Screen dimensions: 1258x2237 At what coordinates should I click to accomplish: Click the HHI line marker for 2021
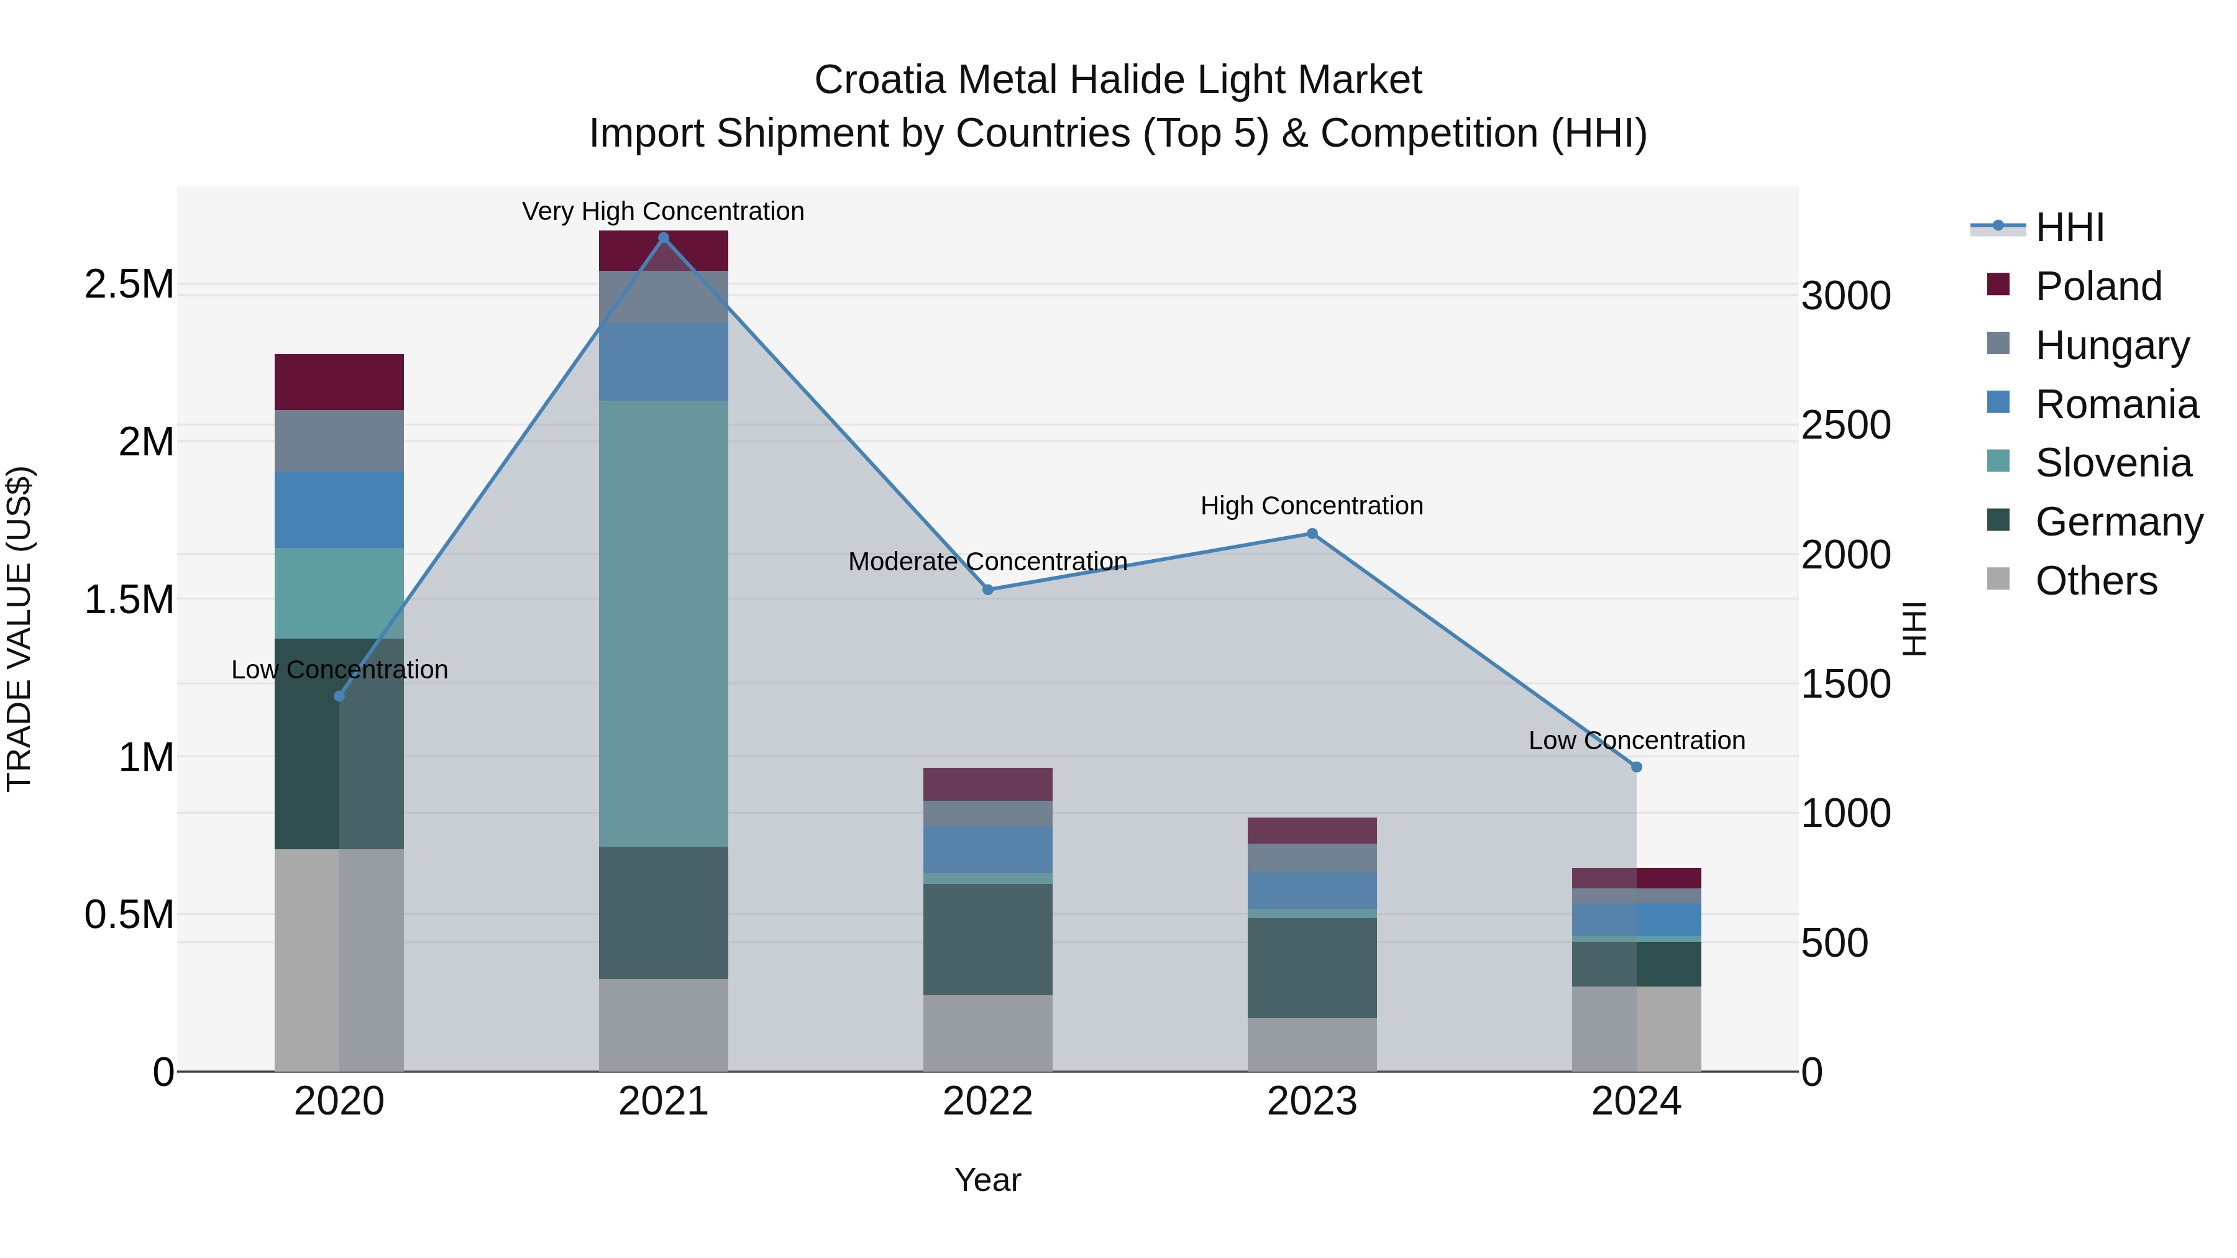[664, 238]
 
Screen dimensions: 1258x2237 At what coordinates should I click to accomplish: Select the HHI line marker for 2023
[1311, 534]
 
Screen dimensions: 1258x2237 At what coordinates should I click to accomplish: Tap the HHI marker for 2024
[1636, 767]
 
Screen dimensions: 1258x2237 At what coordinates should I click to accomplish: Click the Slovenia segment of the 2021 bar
[664, 623]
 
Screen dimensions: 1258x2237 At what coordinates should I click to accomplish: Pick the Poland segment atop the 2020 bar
[339, 382]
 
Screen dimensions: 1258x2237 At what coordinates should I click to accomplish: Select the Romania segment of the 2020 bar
[339, 509]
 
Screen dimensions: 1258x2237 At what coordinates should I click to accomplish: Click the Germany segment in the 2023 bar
[1311, 968]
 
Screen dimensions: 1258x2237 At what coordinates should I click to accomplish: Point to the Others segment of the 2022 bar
[987, 1033]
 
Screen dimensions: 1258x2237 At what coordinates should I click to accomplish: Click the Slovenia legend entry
[2112, 463]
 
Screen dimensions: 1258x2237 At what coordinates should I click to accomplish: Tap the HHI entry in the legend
[2069, 227]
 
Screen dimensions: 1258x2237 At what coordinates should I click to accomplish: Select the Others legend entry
[2095, 581]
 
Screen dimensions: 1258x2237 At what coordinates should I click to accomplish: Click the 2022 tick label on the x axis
[987, 1101]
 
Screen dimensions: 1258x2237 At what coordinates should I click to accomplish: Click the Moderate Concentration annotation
[987, 562]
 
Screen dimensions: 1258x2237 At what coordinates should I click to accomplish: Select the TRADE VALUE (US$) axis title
[19, 629]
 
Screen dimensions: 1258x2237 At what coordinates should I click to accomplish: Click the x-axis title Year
[987, 1180]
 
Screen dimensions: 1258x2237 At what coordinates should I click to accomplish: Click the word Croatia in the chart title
[879, 80]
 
